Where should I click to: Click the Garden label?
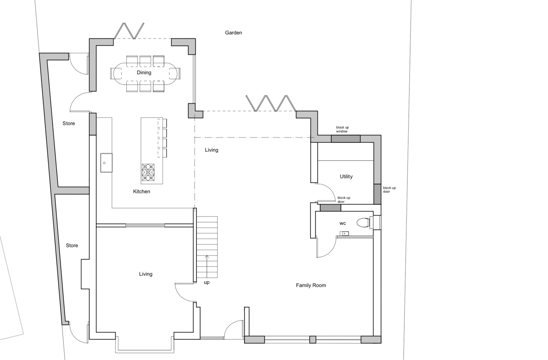pyautogui.click(x=233, y=33)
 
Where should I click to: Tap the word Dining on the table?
pyautogui.click(x=144, y=72)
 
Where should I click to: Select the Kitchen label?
pyautogui.click(x=142, y=191)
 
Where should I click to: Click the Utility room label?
pyautogui.click(x=346, y=177)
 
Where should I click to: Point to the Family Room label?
pyautogui.click(x=311, y=285)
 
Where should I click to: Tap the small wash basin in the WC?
pyautogui.click(x=344, y=234)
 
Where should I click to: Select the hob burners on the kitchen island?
pyautogui.click(x=148, y=172)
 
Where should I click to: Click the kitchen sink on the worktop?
pyautogui.click(x=106, y=163)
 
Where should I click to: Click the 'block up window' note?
pyautogui.click(x=342, y=130)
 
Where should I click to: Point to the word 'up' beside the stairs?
pyautogui.click(x=207, y=282)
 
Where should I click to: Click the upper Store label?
pyautogui.click(x=69, y=124)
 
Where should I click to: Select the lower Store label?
pyautogui.click(x=72, y=246)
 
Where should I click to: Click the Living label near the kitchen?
pyautogui.click(x=211, y=150)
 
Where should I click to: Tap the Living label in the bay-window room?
pyautogui.click(x=146, y=274)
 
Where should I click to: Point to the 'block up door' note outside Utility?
pyautogui.click(x=389, y=190)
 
